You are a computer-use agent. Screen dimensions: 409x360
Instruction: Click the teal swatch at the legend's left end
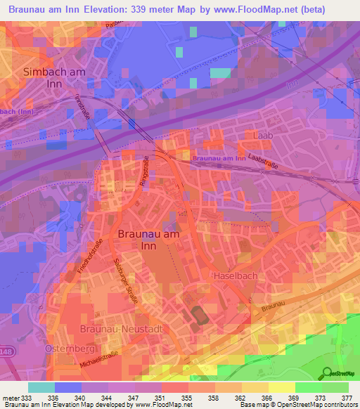pos(41,387)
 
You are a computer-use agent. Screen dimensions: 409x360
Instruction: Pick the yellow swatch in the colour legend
pos(282,387)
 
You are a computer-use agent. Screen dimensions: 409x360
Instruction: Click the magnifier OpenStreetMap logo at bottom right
pos(326,373)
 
